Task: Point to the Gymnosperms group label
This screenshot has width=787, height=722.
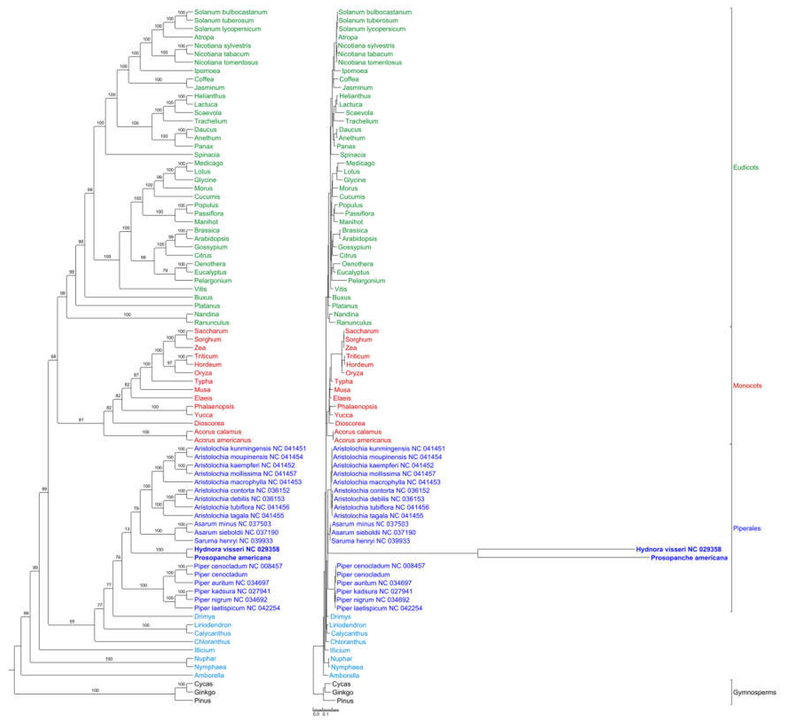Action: [x=754, y=692]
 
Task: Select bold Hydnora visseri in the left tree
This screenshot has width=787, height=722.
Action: [x=237, y=549]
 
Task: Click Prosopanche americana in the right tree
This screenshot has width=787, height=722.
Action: [x=689, y=558]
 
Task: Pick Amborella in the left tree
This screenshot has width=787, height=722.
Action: [x=209, y=676]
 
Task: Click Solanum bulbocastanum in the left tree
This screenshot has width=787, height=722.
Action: [x=231, y=12]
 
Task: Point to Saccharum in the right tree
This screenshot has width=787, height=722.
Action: [x=362, y=331]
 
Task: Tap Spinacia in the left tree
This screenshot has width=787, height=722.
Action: [x=207, y=155]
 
